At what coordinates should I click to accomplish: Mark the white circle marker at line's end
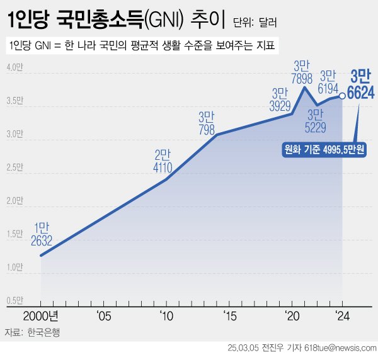(x=342, y=96)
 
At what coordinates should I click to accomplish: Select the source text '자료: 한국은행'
(x=34, y=332)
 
